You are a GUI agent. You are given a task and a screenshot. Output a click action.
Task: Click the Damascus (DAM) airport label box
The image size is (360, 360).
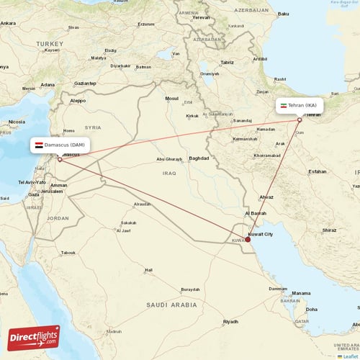tap(60, 145)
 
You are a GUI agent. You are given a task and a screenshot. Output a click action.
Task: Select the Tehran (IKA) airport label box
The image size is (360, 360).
tap(300, 106)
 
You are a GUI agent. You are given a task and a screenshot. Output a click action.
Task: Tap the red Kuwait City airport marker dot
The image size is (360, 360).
tap(248, 240)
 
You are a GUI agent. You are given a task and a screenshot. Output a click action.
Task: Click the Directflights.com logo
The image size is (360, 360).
tap(34, 338)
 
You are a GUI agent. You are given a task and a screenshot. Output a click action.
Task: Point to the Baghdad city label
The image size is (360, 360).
tap(199, 158)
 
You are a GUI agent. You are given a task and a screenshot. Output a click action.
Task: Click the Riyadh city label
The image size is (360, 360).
tap(230, 321)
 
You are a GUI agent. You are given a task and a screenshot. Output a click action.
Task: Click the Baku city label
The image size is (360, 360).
tap(283, 14)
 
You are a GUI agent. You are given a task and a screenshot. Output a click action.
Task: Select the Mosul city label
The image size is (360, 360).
tap(171, 98)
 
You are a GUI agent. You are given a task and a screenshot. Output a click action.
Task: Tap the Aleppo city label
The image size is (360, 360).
tap(77, 101)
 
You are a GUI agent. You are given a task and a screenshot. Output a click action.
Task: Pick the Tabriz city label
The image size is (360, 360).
tap(228, 63)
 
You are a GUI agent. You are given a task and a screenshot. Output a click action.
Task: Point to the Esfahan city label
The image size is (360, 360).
tap(317, 171)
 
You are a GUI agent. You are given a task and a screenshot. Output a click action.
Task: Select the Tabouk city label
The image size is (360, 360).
tap(68, 253)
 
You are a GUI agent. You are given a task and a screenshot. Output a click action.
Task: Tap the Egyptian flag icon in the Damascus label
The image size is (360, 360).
tap(38, 145)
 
